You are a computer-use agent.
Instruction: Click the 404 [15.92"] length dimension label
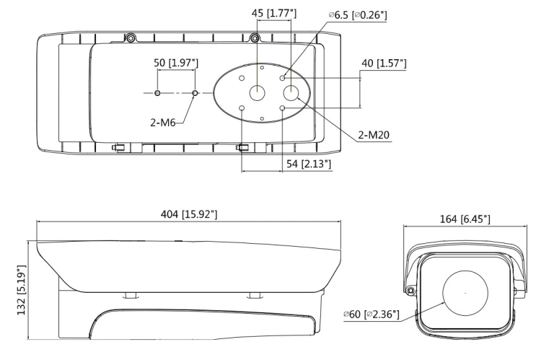(189, 215)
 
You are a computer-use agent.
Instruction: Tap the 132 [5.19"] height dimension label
(22, 290)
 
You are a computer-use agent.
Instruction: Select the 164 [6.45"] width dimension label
(465, 219)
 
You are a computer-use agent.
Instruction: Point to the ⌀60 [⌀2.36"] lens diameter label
(371, 315)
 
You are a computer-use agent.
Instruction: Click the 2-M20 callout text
(374, 135)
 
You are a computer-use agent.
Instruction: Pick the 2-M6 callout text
(163, 122)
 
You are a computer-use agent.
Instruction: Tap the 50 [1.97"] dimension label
(176, 63)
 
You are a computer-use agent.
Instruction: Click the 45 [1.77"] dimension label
(274, 14)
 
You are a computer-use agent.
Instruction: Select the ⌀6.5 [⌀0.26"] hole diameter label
(358, 15)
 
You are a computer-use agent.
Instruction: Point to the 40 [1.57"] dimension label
(384, 63)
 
